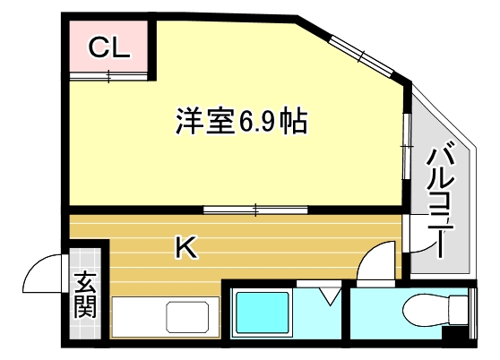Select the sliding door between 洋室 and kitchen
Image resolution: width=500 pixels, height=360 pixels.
(255, 210)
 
